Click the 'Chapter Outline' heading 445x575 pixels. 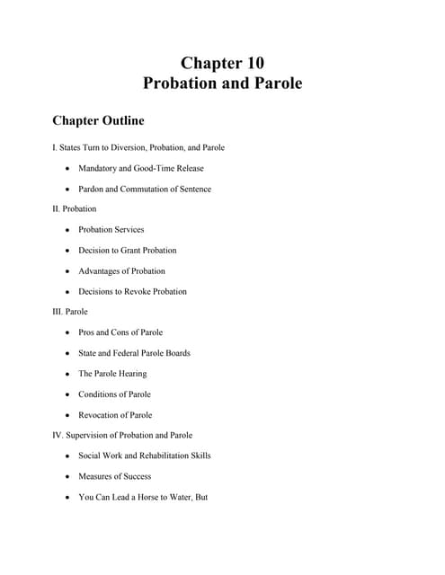[98, 119]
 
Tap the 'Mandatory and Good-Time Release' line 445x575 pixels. [141, 168]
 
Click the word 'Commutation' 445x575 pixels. [156, 189]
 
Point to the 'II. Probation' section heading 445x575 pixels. [75, 208]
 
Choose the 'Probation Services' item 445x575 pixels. [111, 229]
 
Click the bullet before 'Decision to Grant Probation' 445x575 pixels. [67, 251]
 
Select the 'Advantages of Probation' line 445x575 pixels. [121, 270]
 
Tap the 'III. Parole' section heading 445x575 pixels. [70, 312]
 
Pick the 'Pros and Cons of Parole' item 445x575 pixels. [120, 332]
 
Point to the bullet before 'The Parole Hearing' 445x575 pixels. [67, 374]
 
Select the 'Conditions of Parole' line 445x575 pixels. [114, 394]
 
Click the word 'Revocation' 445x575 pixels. [99, 415]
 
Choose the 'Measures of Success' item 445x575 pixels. [114, 476]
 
